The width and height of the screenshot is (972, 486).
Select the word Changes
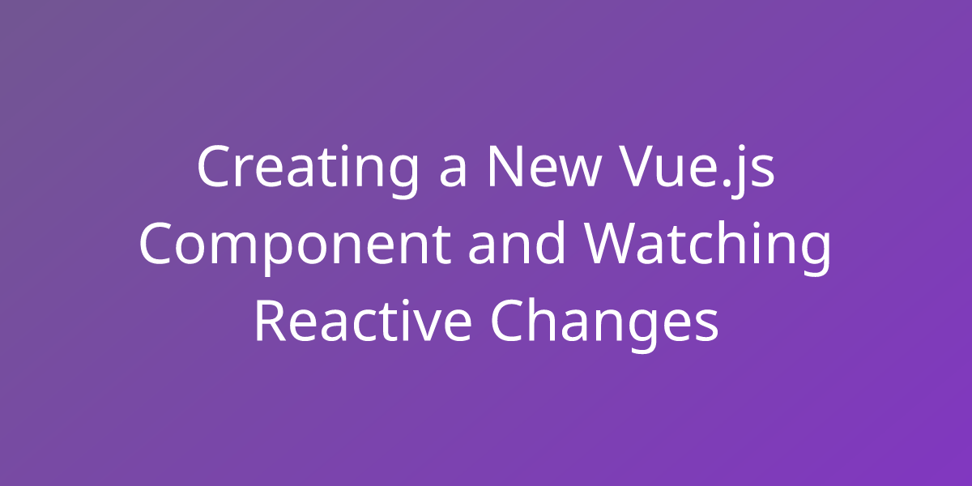pos(606,322)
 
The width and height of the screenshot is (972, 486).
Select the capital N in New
pos(504,167)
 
